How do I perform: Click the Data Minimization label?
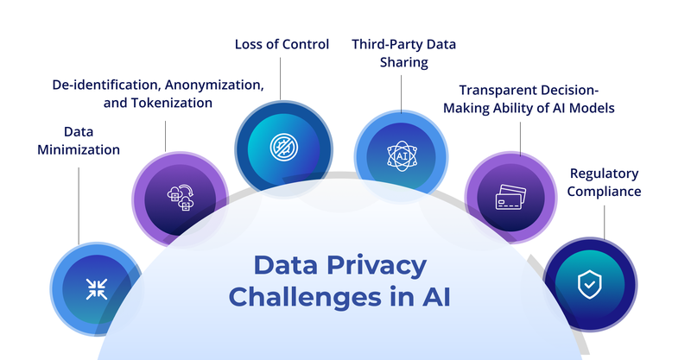[x=79, y=140]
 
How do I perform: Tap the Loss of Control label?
[x=282, y=44]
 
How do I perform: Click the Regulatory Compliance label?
[x=604, y=181]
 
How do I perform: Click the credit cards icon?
[x=510, y=199]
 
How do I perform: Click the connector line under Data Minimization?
[x=79, y=203]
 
